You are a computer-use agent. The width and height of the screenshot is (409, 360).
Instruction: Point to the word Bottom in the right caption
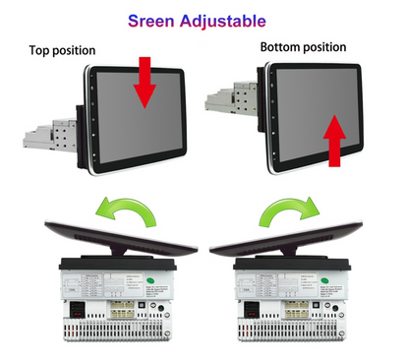(280, 46)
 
